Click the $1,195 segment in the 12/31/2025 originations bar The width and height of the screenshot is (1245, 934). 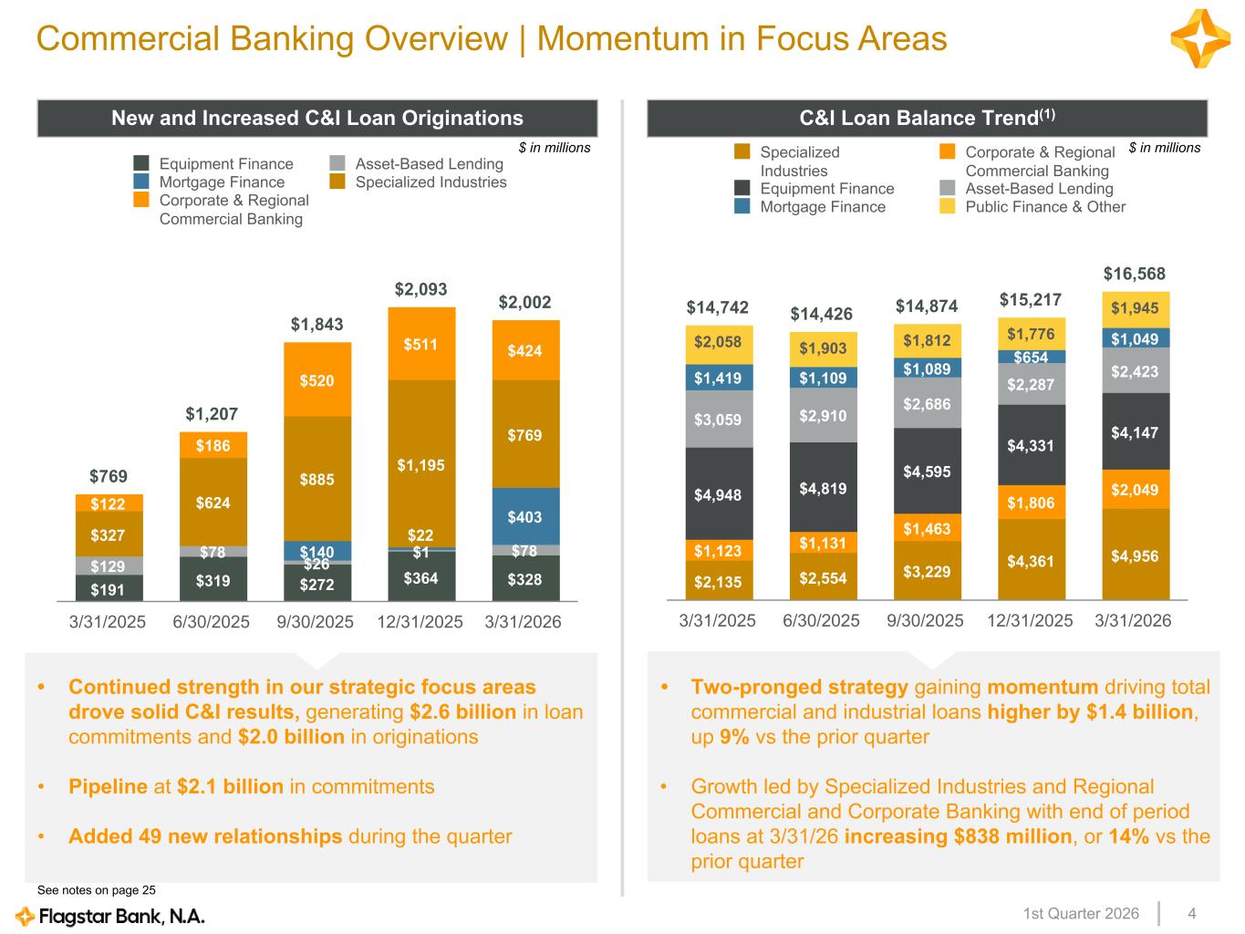coord(421,464)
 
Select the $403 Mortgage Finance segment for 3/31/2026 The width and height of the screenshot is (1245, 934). coord(525,516)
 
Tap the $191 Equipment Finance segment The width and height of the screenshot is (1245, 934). coord(109,588)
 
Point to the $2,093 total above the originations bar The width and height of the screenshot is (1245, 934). coord(420,289)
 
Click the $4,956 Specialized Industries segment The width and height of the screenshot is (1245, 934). coord(1135,555)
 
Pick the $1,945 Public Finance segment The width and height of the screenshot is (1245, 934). coord(1135,308)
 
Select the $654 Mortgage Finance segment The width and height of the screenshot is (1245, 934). coord(1031,358)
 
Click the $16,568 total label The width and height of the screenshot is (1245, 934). coord(1135,274)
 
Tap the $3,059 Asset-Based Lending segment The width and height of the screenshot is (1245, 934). coord(719,420)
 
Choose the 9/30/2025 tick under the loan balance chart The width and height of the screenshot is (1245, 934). coord(926,620)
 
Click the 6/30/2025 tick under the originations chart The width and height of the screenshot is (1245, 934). coord(212,622)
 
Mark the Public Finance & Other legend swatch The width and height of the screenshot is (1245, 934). coord(948,207)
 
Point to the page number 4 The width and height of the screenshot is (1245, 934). coord(1192,913)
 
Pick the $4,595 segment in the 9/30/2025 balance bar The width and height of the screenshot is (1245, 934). coord(927,472)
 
